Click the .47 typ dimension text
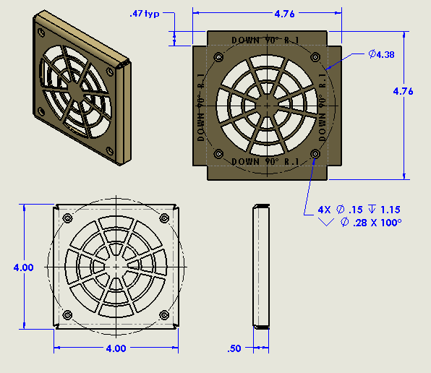tap(145, 14)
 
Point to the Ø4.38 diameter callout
tap(381, 55)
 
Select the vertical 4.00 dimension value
tap(23, 267)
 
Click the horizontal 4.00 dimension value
tap(116, 348)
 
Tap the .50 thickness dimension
tap(234, 348)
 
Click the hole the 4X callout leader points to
tap(315, 154)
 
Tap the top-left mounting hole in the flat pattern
tap(216, 56)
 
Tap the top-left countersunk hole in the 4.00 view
tap(67, 218)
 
